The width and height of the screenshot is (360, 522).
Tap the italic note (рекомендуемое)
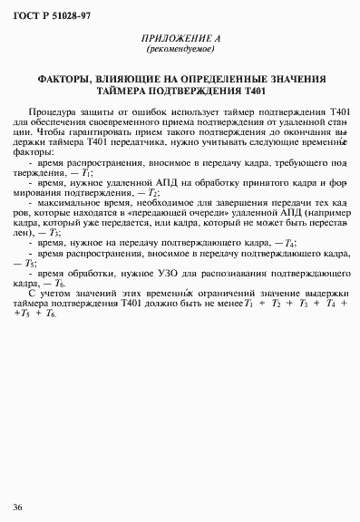(x=180, y=51)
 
